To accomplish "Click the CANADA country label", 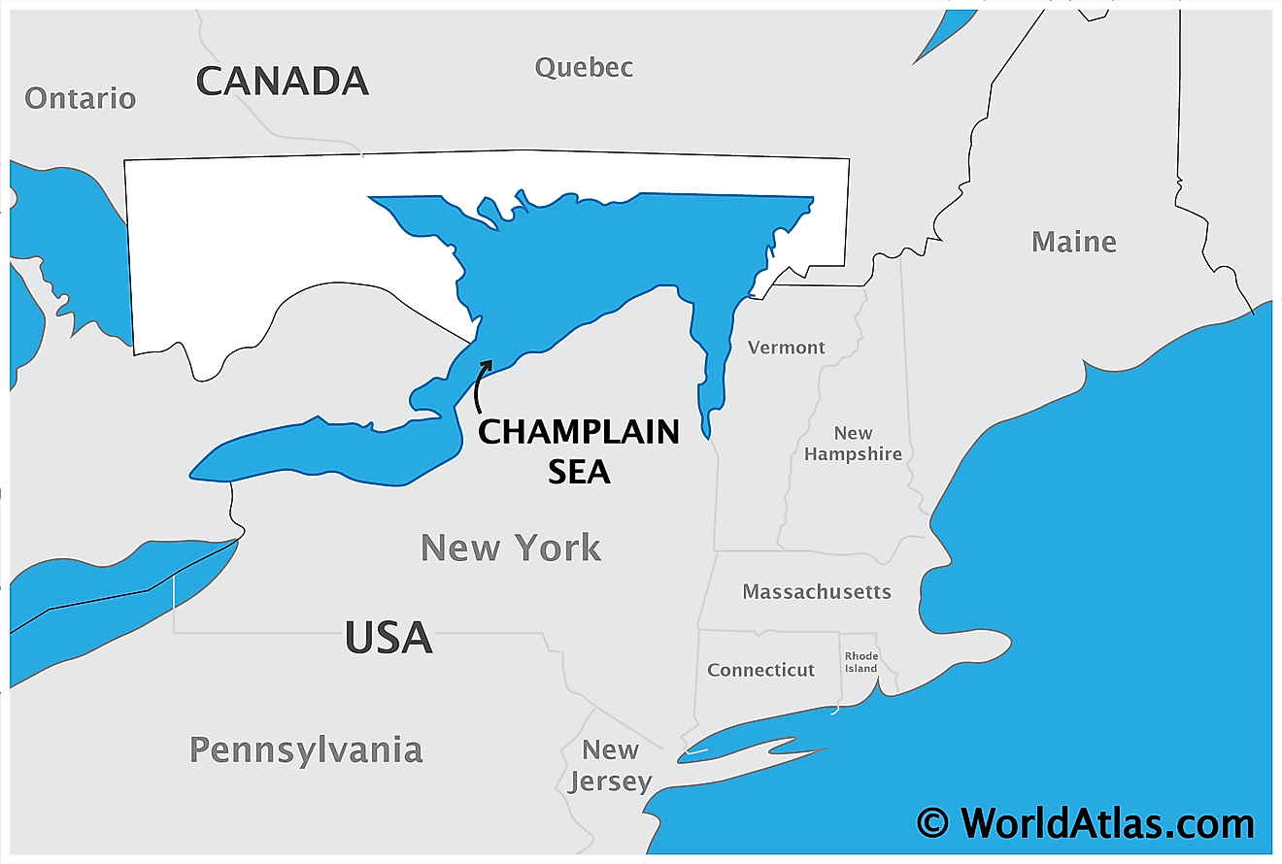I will coord(283,81).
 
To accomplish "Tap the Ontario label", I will coord(81,98).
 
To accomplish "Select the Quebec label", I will coord(585,67).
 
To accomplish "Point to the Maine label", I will coord(1074,242).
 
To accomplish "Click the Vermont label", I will coord(787,348).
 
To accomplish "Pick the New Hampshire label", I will coord(854,444).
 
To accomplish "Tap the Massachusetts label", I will coord(817,591).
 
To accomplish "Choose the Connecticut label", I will coord(761,670).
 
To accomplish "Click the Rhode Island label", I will coord(861,662).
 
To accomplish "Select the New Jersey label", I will coord(610,765).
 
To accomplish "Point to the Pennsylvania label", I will coord(306,749).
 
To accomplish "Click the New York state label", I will coord(511,548).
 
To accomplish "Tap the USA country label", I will coord(388,638).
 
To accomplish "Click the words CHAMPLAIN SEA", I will coord(579,450).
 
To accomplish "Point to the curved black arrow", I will coord(480,386).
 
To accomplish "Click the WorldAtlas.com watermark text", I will coord(1107,823).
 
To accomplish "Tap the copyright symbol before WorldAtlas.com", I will coord(933,823).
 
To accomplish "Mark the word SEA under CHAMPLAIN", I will coord(580,471).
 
